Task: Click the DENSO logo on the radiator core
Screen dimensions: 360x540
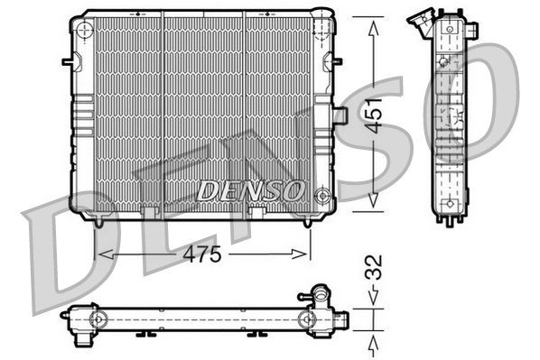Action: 250,190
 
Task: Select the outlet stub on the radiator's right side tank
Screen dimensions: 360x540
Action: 340,115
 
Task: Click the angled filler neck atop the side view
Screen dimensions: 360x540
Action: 421,20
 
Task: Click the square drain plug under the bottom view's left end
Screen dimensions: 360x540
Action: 83,339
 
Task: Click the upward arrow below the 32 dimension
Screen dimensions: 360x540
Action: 374,342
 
